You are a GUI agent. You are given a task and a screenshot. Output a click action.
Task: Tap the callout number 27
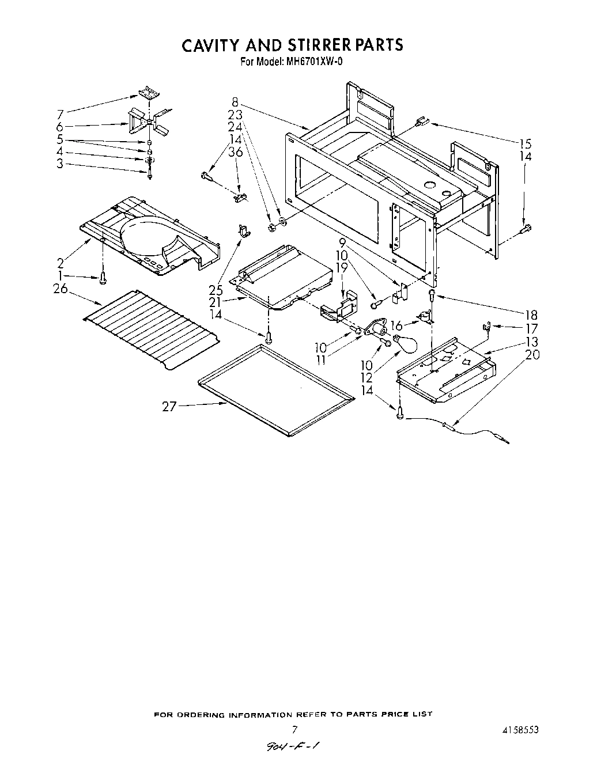pyautogui.click(x=169, y=407)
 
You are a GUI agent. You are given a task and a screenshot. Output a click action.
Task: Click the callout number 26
pyautogui.click(x=61, y=289)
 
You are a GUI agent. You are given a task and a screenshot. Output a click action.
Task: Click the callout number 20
pyautogui.click(x=532, y=355)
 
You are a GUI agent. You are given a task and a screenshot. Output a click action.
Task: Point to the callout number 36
pyautogui.click(x=235, y=152)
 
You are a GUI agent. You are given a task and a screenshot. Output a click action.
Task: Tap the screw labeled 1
pyautogui.click(x=103, y=279)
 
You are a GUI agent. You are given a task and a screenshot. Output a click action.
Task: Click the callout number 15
pyautogui.click(x=524, y=143)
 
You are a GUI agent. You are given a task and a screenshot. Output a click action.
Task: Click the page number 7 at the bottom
pyautogui.click(x=294, y=730)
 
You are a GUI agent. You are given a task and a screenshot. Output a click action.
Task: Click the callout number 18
pyautogui.click(x=530, y=314)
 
